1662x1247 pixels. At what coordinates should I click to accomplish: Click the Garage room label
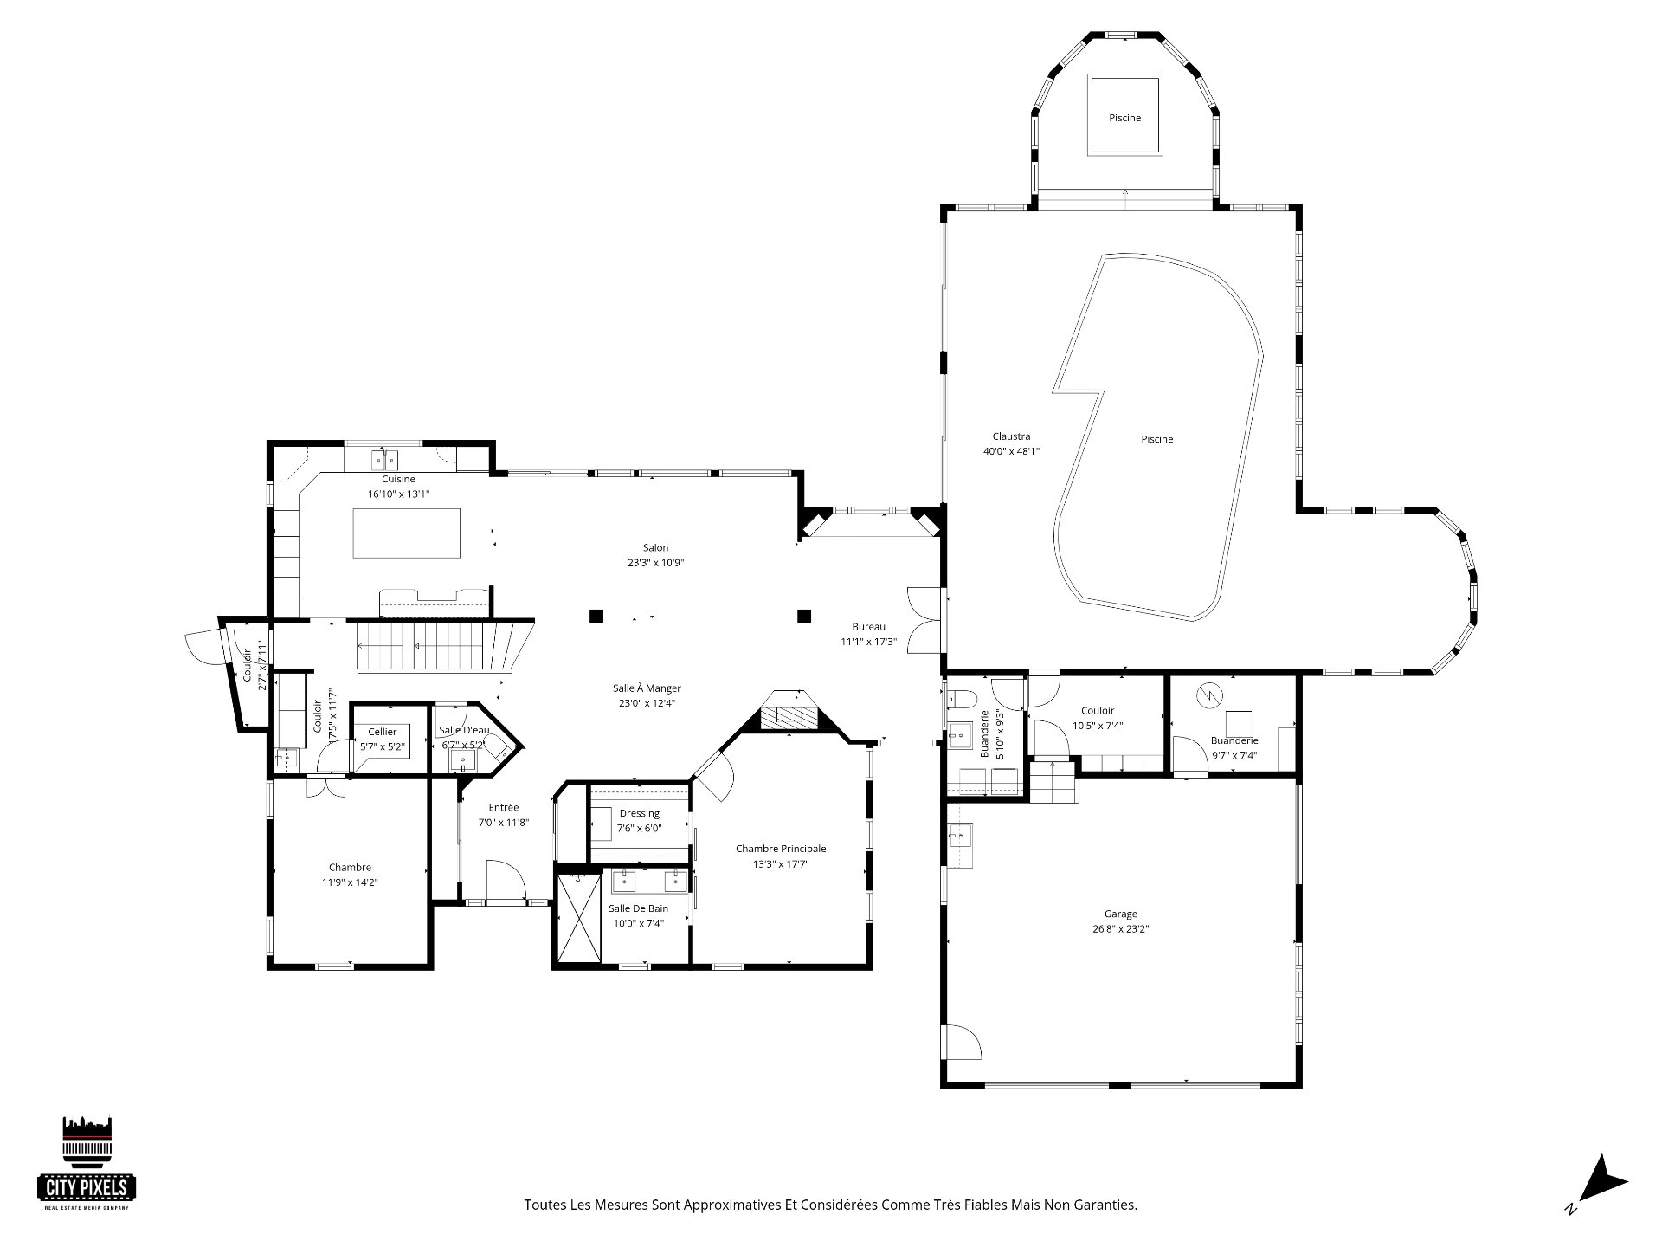pos(1120,914)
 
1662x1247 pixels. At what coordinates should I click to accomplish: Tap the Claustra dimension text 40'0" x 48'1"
pos(1011,451)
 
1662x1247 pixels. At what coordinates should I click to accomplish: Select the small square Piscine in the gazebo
pos(1124,116)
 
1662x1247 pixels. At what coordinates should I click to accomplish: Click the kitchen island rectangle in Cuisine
pos(406,533)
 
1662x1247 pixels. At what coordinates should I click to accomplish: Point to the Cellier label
pos(382,732)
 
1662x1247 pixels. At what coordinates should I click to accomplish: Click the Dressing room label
pos(640,813)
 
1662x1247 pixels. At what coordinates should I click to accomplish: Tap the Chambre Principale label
pos(781,849)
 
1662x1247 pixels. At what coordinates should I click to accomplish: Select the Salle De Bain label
pos(638,908)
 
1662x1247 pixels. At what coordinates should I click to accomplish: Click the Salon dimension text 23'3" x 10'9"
pos(656,563)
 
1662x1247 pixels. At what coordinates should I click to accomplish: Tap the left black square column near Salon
pos(596,617)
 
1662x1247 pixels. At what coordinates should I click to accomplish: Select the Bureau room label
pos(868,627)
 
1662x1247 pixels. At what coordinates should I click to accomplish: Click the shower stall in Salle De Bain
pos(579,918)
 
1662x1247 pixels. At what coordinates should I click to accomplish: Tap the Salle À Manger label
pos(647,688)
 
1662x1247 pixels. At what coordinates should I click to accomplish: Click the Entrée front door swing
pos(506,882)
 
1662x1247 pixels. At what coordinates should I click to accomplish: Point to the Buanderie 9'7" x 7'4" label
pos(1234,740)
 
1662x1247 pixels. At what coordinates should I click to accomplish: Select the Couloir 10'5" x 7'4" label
pos(1098,711)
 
